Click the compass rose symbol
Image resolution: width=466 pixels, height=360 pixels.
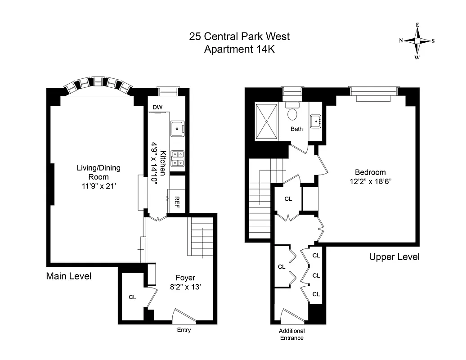417,40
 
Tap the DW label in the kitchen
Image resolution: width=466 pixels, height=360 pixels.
157,107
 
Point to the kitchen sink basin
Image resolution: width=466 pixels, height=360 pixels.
178,128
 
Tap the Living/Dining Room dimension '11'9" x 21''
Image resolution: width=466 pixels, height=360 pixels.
99,185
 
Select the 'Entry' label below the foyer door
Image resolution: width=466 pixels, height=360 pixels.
184,330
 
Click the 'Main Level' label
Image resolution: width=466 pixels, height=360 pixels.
69,276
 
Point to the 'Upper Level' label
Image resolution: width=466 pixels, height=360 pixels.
394,257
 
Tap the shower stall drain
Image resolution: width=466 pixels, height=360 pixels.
266,121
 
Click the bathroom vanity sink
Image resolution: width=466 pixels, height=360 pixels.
315,121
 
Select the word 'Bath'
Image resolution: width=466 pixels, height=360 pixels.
296,129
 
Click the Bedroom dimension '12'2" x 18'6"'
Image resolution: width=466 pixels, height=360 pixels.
370,181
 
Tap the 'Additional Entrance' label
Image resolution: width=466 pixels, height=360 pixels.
291,334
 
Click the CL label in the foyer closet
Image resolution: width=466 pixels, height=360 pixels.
132,297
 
